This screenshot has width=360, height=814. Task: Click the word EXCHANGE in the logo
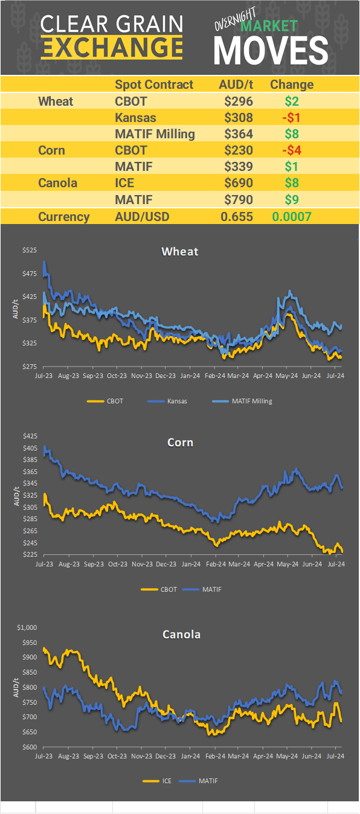tap(112, 47)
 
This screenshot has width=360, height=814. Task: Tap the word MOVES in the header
tap(271, 51)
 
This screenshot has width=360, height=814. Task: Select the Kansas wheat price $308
tap(238, 117)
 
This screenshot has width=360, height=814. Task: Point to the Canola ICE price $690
tap(238, 182)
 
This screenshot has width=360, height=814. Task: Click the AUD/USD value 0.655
tap(238, 217)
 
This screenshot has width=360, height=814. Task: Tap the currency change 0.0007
tap(292, 217)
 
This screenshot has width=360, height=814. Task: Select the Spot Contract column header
tap(154, 85)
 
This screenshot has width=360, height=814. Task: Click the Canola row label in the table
tap(57, 182)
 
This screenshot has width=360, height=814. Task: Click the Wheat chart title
tap(180, 251)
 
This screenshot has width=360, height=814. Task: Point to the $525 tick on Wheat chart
tap(30, 251)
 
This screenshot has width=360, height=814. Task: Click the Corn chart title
tap(180, 443)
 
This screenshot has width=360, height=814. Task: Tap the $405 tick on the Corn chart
tap(30, 448)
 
